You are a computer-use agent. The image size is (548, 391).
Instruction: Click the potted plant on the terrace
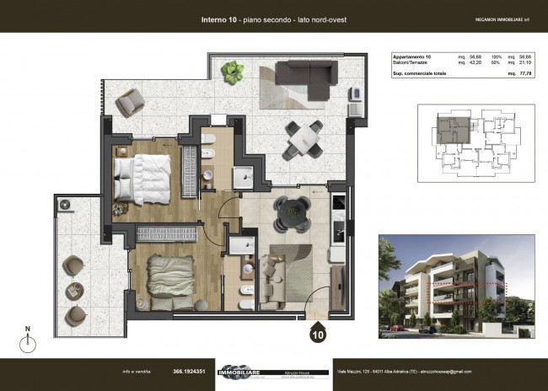click(x=234, y=70)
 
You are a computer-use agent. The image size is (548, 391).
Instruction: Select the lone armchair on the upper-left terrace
click(x=131, y=104)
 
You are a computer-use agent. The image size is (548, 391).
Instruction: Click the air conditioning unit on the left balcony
click(x=65, y=205)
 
